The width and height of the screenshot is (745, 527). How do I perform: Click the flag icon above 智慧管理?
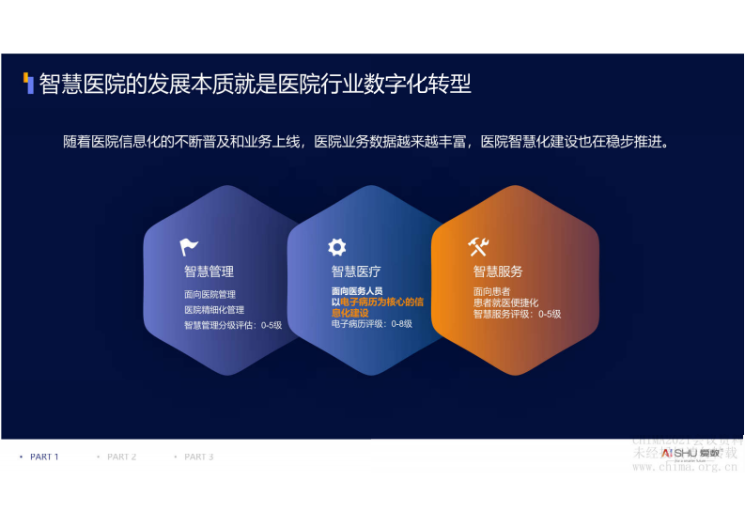point(189,248)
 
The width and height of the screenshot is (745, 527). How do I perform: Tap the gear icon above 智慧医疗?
point(336,247)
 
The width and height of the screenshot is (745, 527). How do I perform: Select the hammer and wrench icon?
point(478,247)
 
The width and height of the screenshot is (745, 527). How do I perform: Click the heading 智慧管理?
point(209,271)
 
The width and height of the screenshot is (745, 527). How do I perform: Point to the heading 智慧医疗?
point(356,271)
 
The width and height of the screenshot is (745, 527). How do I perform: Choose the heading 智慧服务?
point(498,271)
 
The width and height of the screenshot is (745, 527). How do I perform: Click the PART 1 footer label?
point(44,457)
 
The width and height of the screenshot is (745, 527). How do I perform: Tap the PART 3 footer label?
point(198,457)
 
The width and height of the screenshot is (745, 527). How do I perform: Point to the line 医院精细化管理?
point(214,309)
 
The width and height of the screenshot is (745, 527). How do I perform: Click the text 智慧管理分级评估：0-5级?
point(233,324)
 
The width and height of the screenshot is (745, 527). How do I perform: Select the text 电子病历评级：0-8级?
point(372,323)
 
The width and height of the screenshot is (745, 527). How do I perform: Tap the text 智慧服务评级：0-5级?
point(517,314)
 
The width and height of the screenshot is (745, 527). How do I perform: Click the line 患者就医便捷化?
point(505,302)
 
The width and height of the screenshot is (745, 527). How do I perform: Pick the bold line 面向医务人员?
point(357,291)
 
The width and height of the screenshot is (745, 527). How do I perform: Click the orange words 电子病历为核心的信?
point(380,302)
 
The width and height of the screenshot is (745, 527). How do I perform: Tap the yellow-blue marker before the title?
point(29,84)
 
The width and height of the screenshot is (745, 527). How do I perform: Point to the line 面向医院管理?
point(210,294)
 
